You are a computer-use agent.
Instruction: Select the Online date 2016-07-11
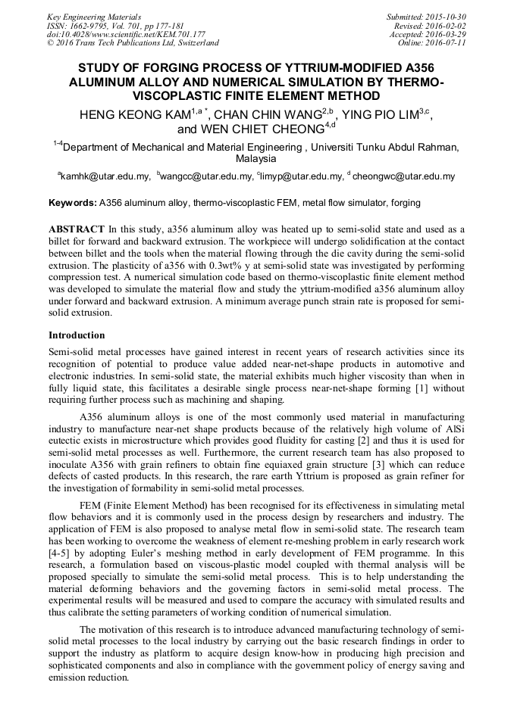point(445,43)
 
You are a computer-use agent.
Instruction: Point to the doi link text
point(126,34)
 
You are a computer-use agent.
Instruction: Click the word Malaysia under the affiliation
point(256,159)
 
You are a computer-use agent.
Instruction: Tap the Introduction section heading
point(77,335)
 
